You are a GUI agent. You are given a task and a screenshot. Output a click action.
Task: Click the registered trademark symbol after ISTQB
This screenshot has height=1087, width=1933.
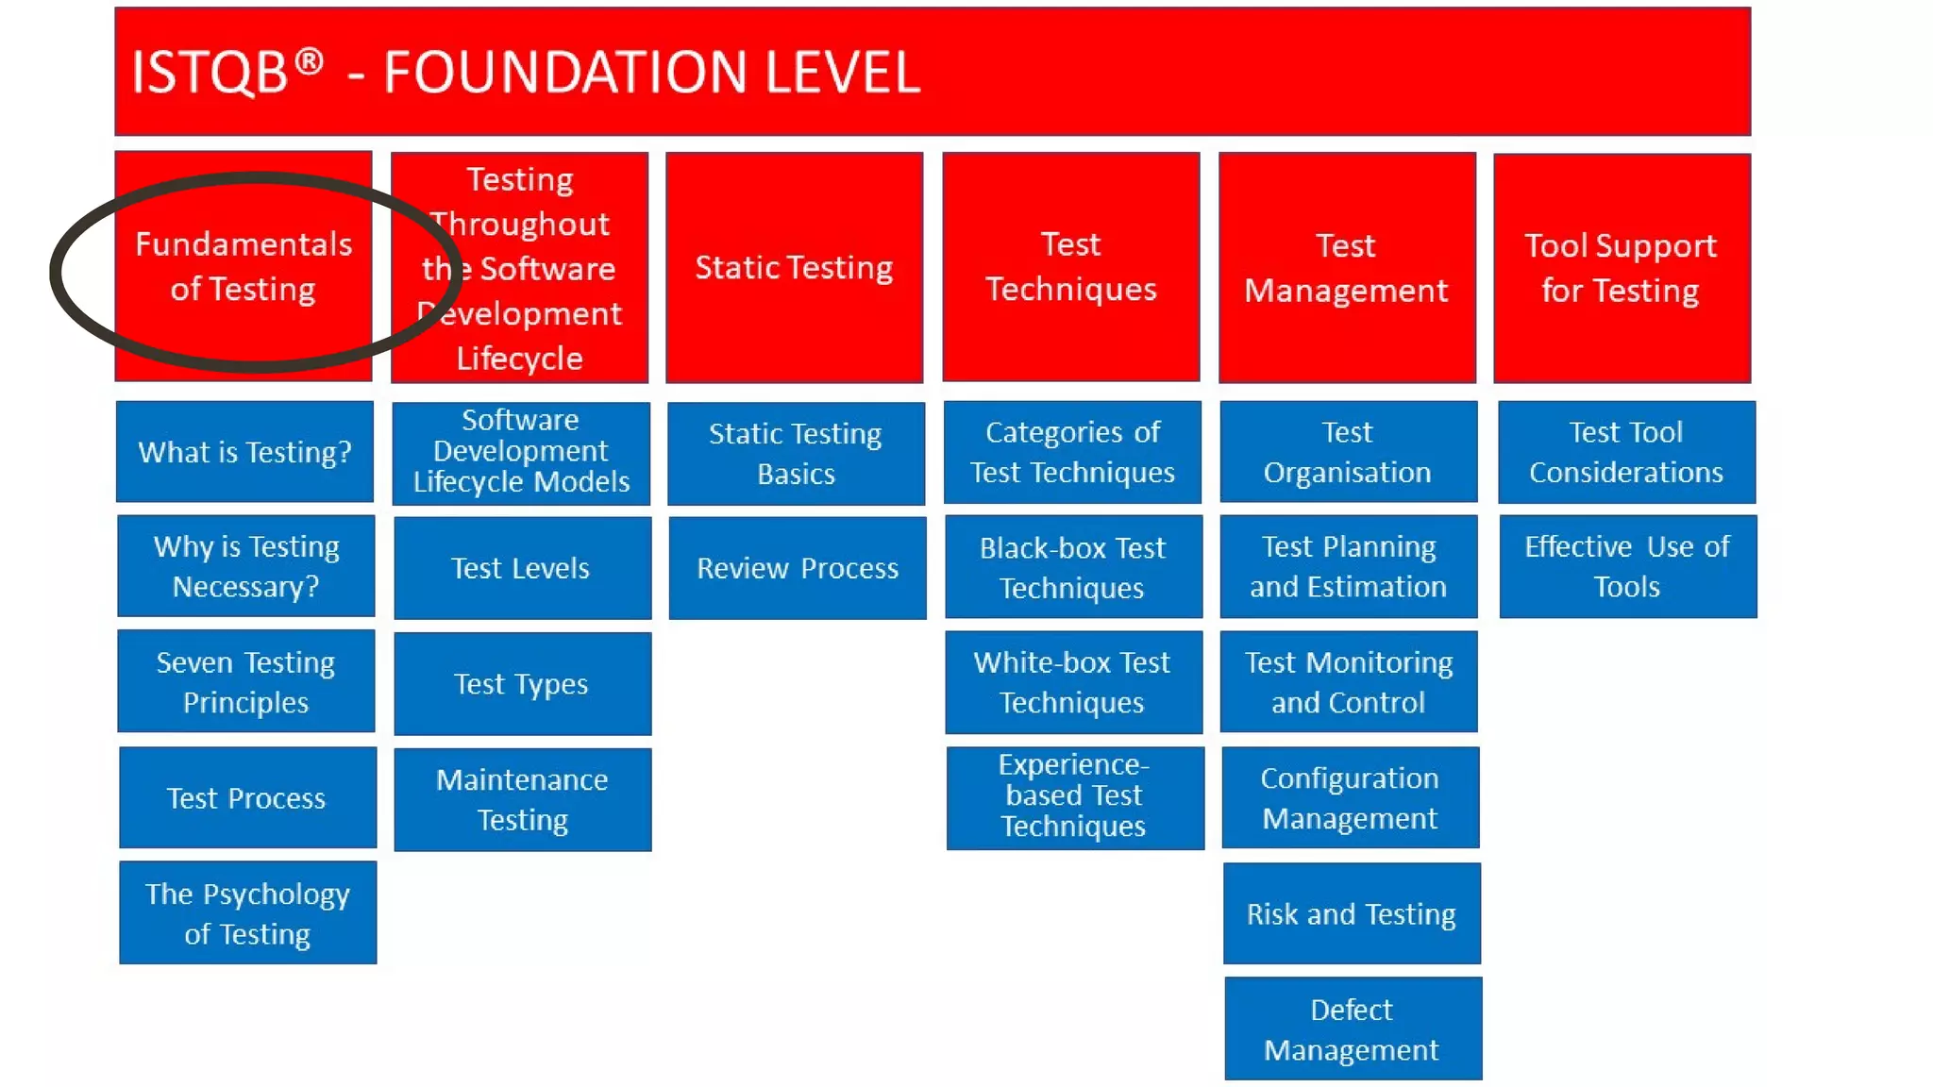(x=309, y=61)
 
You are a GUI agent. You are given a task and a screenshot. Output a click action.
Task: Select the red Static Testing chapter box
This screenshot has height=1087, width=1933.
(x=794, y=267)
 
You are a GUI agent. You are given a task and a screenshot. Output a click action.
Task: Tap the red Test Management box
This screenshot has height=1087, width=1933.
(x=1347, y=267)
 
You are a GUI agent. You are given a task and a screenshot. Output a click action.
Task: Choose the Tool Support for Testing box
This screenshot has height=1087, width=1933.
(x=1622, y=268)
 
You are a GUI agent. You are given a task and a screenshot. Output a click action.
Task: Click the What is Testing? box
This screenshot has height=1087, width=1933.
(x=244, y=452)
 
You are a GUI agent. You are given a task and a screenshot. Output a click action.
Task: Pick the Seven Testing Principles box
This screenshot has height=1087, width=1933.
(x=245, y=681)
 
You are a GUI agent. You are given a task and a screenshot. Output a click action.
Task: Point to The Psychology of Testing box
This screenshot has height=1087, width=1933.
(x=247, y=912)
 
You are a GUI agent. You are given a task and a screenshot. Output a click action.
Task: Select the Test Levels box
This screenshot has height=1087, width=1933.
(x=522, y=568)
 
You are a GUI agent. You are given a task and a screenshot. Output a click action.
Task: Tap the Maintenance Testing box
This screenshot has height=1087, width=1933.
(x=522, y=799)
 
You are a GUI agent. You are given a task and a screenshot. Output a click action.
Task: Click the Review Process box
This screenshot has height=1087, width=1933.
(x=798, y=568)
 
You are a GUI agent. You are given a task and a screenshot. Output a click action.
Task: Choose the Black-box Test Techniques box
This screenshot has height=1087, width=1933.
(x=1073, y=567)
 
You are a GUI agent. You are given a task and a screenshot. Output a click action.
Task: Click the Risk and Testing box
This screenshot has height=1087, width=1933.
(x=1352, y=913)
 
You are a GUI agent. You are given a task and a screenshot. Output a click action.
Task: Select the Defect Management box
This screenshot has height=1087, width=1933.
(x=1353, y=1028)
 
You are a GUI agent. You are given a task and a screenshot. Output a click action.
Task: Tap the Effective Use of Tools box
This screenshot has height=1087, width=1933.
(x=1627, y=566)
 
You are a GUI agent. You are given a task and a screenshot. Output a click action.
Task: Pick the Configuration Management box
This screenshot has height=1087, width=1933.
(x=1350, y=797)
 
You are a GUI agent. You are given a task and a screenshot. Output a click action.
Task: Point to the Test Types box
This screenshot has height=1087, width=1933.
(x=522, y=684)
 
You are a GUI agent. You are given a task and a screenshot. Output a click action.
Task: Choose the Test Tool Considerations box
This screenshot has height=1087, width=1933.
(x=1626, y=452)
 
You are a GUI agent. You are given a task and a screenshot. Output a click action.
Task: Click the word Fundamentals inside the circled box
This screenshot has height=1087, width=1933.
(x=244, y=244)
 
